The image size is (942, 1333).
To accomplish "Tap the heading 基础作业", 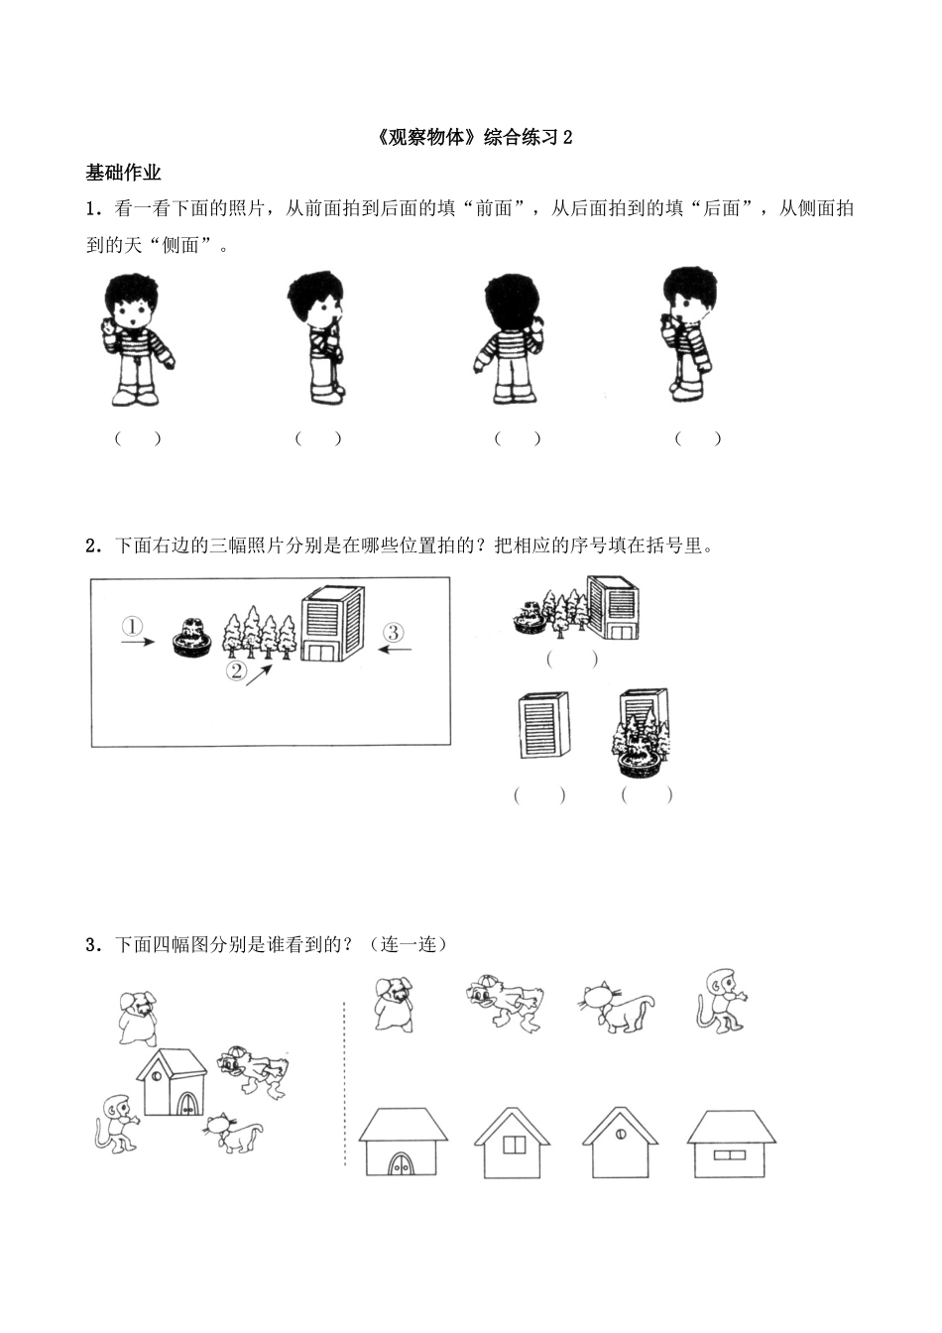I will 123,174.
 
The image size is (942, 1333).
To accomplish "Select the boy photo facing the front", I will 137,338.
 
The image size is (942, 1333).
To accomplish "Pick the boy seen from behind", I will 512,338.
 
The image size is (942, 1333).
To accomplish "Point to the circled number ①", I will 132,626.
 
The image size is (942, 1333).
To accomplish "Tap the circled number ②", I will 236,671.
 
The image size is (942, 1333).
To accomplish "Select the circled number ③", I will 393,632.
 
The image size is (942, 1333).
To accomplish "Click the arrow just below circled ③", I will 396,651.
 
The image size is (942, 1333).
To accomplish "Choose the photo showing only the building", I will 542,725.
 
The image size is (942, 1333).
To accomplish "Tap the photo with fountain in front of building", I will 643,732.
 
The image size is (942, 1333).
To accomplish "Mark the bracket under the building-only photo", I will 539,794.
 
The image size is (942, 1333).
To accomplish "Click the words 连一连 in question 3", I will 408,944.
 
